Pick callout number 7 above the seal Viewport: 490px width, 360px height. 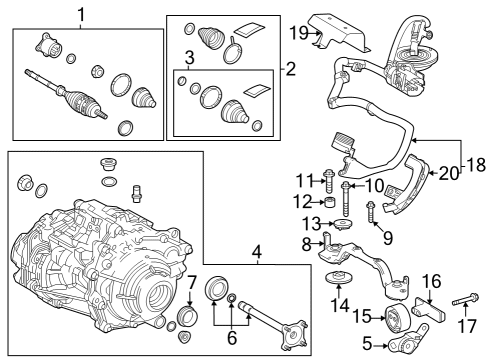point(193,283)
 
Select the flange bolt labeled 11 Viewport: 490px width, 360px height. point(330,181)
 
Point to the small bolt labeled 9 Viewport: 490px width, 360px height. point(369,211)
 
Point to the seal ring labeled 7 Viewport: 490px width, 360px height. point(187,319)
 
